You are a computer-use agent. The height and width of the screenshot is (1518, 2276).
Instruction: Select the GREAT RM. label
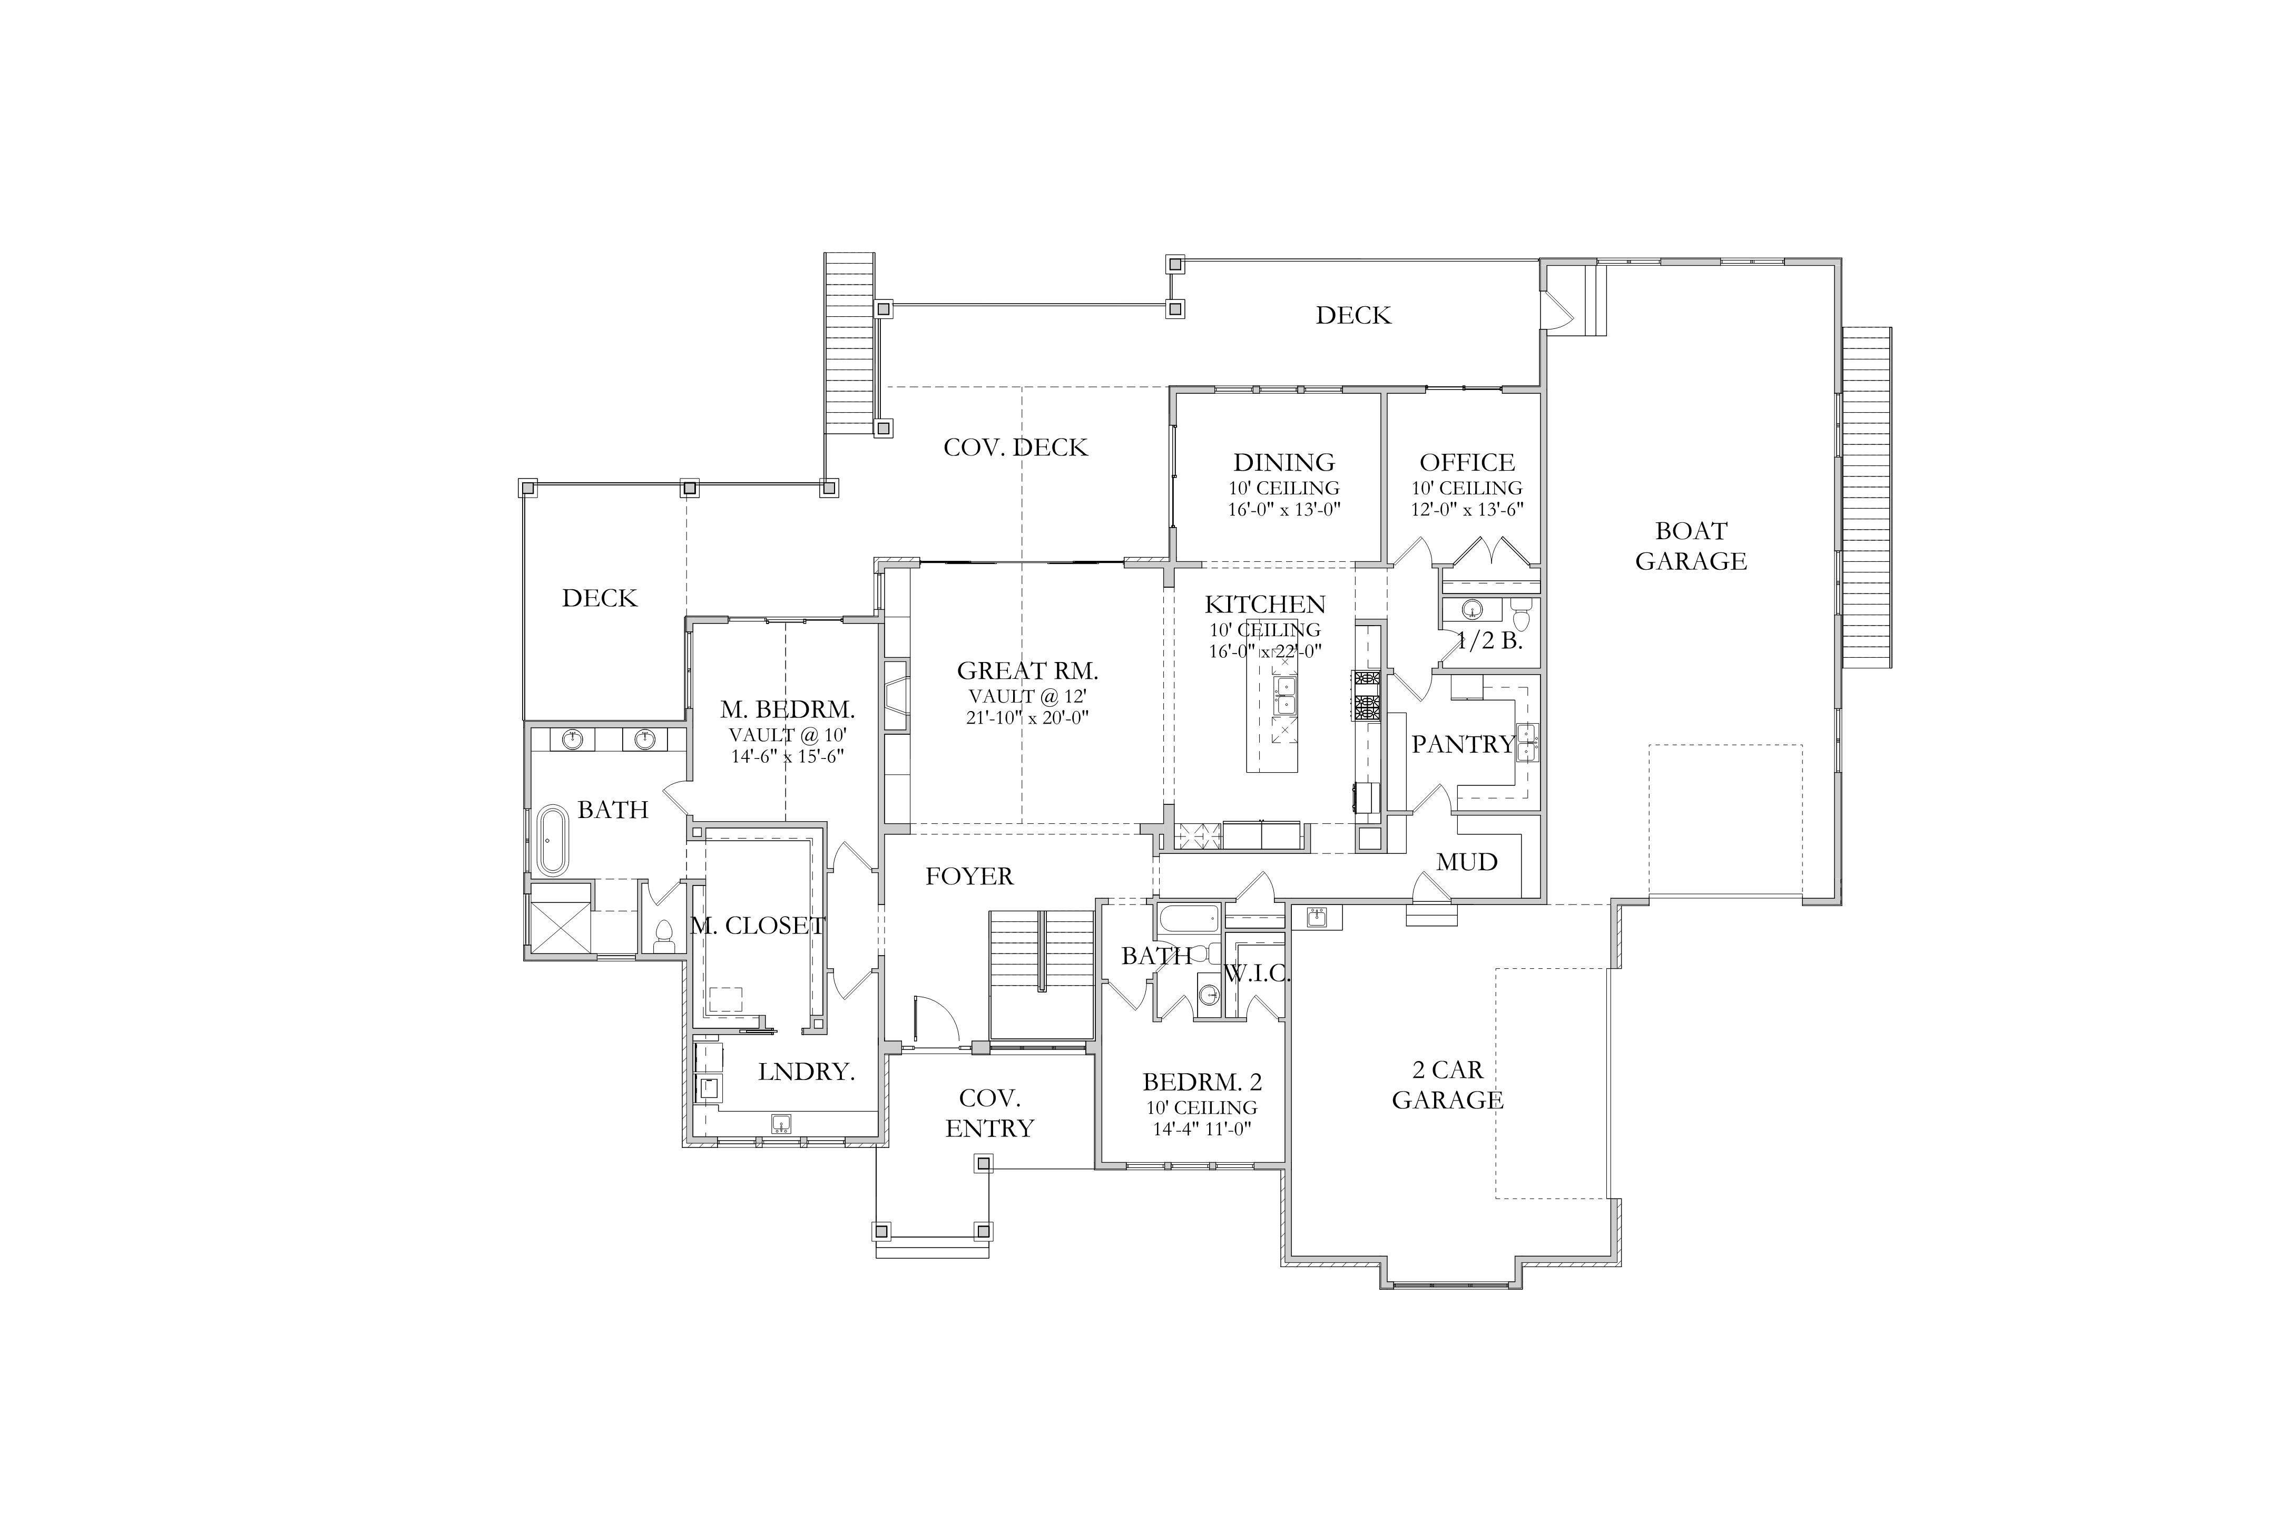[1028, 671]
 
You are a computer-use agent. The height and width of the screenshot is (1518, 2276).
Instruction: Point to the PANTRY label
[1463, 744]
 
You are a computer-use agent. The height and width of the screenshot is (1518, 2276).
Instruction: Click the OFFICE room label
[1467, 463]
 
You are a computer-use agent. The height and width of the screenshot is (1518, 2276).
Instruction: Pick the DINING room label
[1284, 463]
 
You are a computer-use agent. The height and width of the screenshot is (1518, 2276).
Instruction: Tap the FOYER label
[969, 876]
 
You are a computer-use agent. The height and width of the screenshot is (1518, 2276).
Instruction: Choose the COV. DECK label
[1016, 447]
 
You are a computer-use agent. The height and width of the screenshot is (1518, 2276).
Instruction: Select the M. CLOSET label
[758, 926]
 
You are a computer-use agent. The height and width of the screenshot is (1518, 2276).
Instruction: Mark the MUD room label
[1467, 862]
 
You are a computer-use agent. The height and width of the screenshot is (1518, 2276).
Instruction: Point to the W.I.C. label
[1258, 974]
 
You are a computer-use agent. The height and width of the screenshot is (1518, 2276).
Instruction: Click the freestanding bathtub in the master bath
[553, 840]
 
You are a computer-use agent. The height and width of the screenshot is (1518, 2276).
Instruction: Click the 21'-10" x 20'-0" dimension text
[1028, 717]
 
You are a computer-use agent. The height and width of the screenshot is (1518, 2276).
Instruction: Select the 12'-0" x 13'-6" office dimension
[1467, 509]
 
